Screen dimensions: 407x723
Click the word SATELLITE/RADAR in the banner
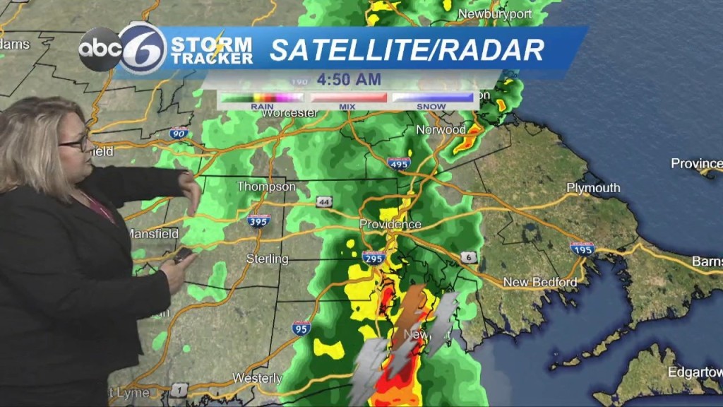coord(407,50)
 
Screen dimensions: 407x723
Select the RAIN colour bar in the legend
coord(261,98)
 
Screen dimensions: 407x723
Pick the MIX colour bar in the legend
coord(349,98)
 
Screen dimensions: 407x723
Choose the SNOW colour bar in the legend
coord(432,98)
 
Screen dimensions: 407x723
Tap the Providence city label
coord(390,224)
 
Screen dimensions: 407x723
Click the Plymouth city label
coord(593,188)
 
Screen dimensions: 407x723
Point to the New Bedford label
coord(539,283)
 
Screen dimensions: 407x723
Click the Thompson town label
coord(265,187)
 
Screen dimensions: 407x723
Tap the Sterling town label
coord(267,259)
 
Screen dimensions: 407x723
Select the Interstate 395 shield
coord(258,220)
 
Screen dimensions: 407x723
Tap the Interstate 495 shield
coord(399,164)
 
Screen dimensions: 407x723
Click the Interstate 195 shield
coord(582,248)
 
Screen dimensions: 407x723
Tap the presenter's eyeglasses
coord(75,143)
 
